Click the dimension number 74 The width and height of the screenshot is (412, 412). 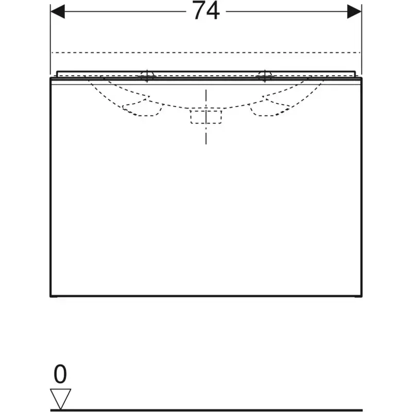tap(207, 10)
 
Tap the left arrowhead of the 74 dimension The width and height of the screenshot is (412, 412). tap(57, 11)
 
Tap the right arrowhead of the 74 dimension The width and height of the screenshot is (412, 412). tap(354, 11)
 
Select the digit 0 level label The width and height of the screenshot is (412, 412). tap(60, 374)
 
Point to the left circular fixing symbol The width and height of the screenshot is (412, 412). tap(147, 76)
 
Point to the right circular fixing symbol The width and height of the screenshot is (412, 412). tap(265, 76)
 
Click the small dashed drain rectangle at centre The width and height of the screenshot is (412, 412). tap(206, 117)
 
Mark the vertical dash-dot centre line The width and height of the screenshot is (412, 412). tap(206, 117)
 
